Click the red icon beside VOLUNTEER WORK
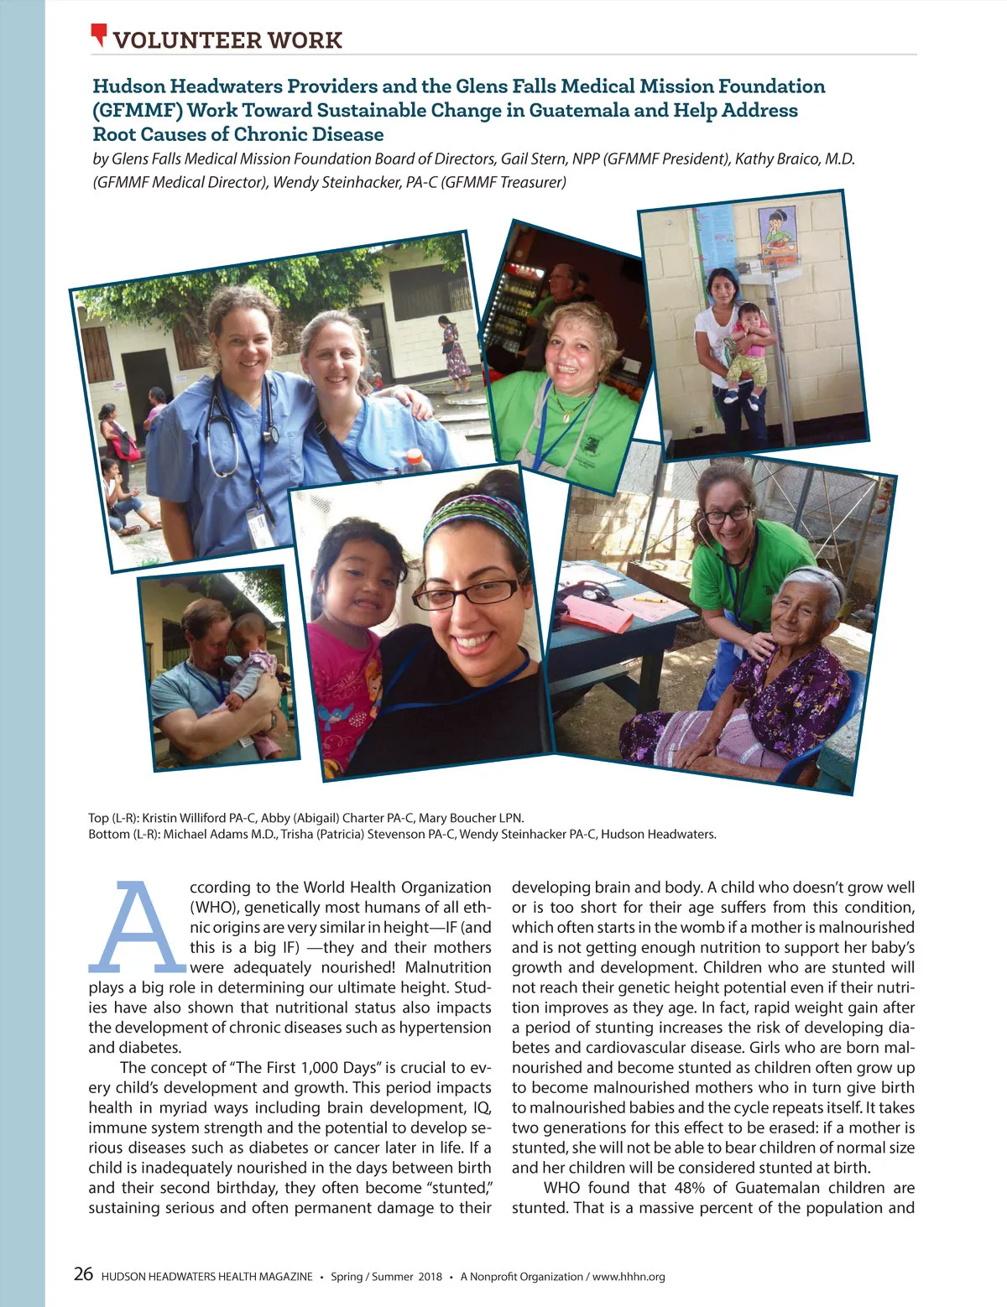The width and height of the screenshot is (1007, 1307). pyautogui.click(x=100, y=35)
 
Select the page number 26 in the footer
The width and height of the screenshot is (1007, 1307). pyautogui.click(x=83, y=1274)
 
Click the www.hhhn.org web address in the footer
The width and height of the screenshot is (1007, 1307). pyautogui.click(x=629, y=1277)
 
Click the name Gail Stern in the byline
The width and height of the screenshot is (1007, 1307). pyautogui.click(x=534, y=159)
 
